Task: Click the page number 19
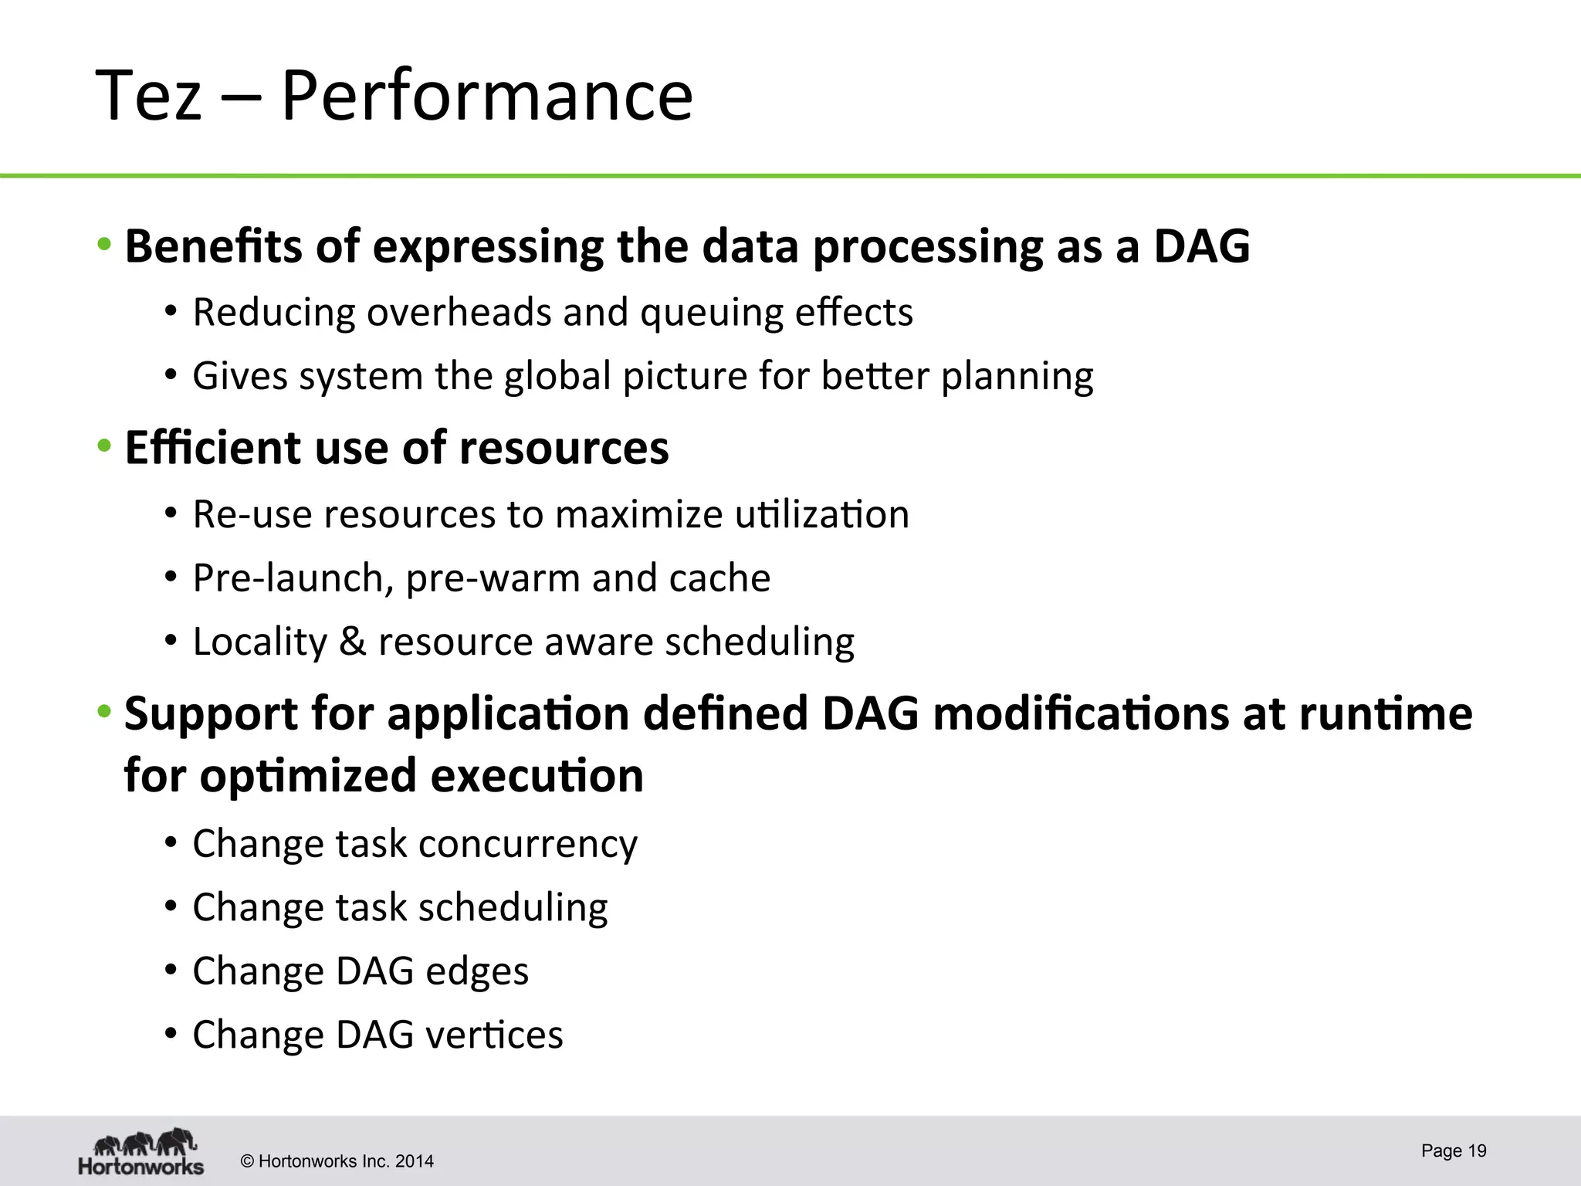coord(1476,1150)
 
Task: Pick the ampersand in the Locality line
coord(352,642)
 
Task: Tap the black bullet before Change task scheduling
coord(171,906)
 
